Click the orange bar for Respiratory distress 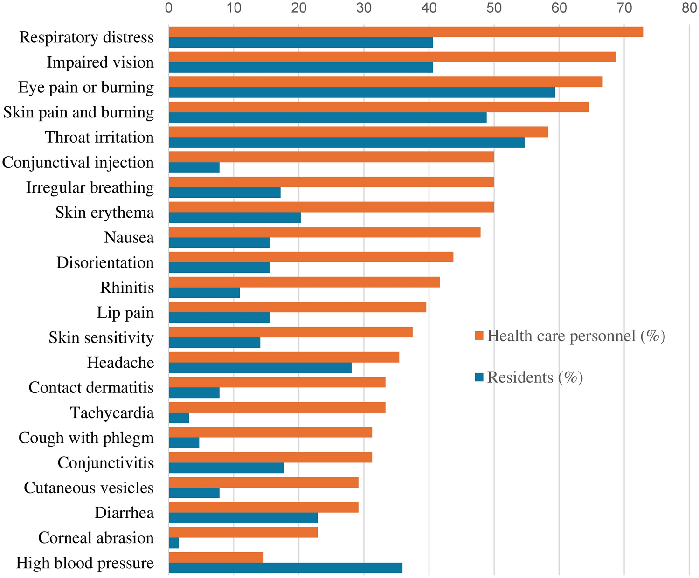(x=406, y=32)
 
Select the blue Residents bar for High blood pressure (x=285, y=568)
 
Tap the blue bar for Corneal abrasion (x=173, y=543)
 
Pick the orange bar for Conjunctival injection (x=331, y=157)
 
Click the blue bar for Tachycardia (x=179, y=418)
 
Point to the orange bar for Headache (x=284, y=357)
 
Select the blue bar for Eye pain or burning (x=362, y=92)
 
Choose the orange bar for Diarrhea (x=263, y=507)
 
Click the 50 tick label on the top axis (x=494, y=8)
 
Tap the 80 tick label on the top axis (x=689, y=8)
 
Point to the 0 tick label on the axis (x=169, y=8)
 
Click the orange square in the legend (x=479, y=336)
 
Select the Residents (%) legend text (x=535, y=377)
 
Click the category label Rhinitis (x=127, y=288)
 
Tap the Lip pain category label (x=125, y=313)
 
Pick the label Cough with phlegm (x=86, y=438)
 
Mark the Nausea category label (x=129, y=238)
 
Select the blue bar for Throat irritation (x=346, y=142)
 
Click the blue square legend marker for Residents (x=479, y=377)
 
